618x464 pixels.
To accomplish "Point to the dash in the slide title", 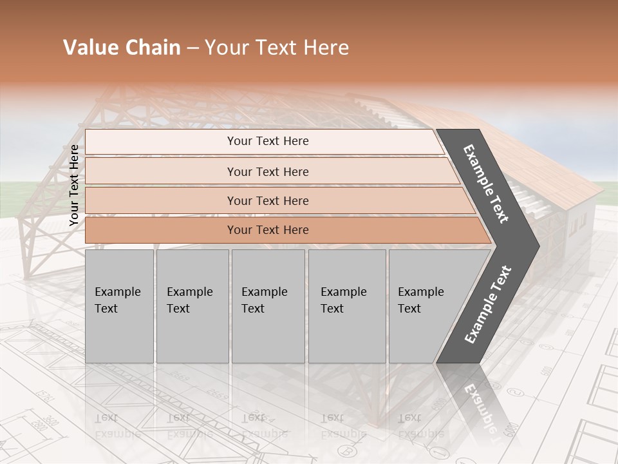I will click(x=192, y=48).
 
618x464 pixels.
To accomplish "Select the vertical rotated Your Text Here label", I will click(x=74, y=185).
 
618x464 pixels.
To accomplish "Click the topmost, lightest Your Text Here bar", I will click(x=267, y=141).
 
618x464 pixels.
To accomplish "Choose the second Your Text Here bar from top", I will click(x=267, y=171).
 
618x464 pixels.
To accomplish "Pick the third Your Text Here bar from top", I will click(x=267, y=200).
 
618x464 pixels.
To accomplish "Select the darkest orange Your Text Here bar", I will click(x=267, y=230).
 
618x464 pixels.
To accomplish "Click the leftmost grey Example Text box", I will click(x=119, y=306).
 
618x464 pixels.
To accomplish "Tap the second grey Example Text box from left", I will click(x=192, y=306).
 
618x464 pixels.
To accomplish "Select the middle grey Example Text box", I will click(x=268, y=306).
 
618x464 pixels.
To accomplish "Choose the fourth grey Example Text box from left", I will click(x=346, y=306).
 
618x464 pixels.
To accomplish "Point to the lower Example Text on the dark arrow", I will click(x=488, y=305).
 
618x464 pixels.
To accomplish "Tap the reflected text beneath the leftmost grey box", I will click(x=118, y=425).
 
